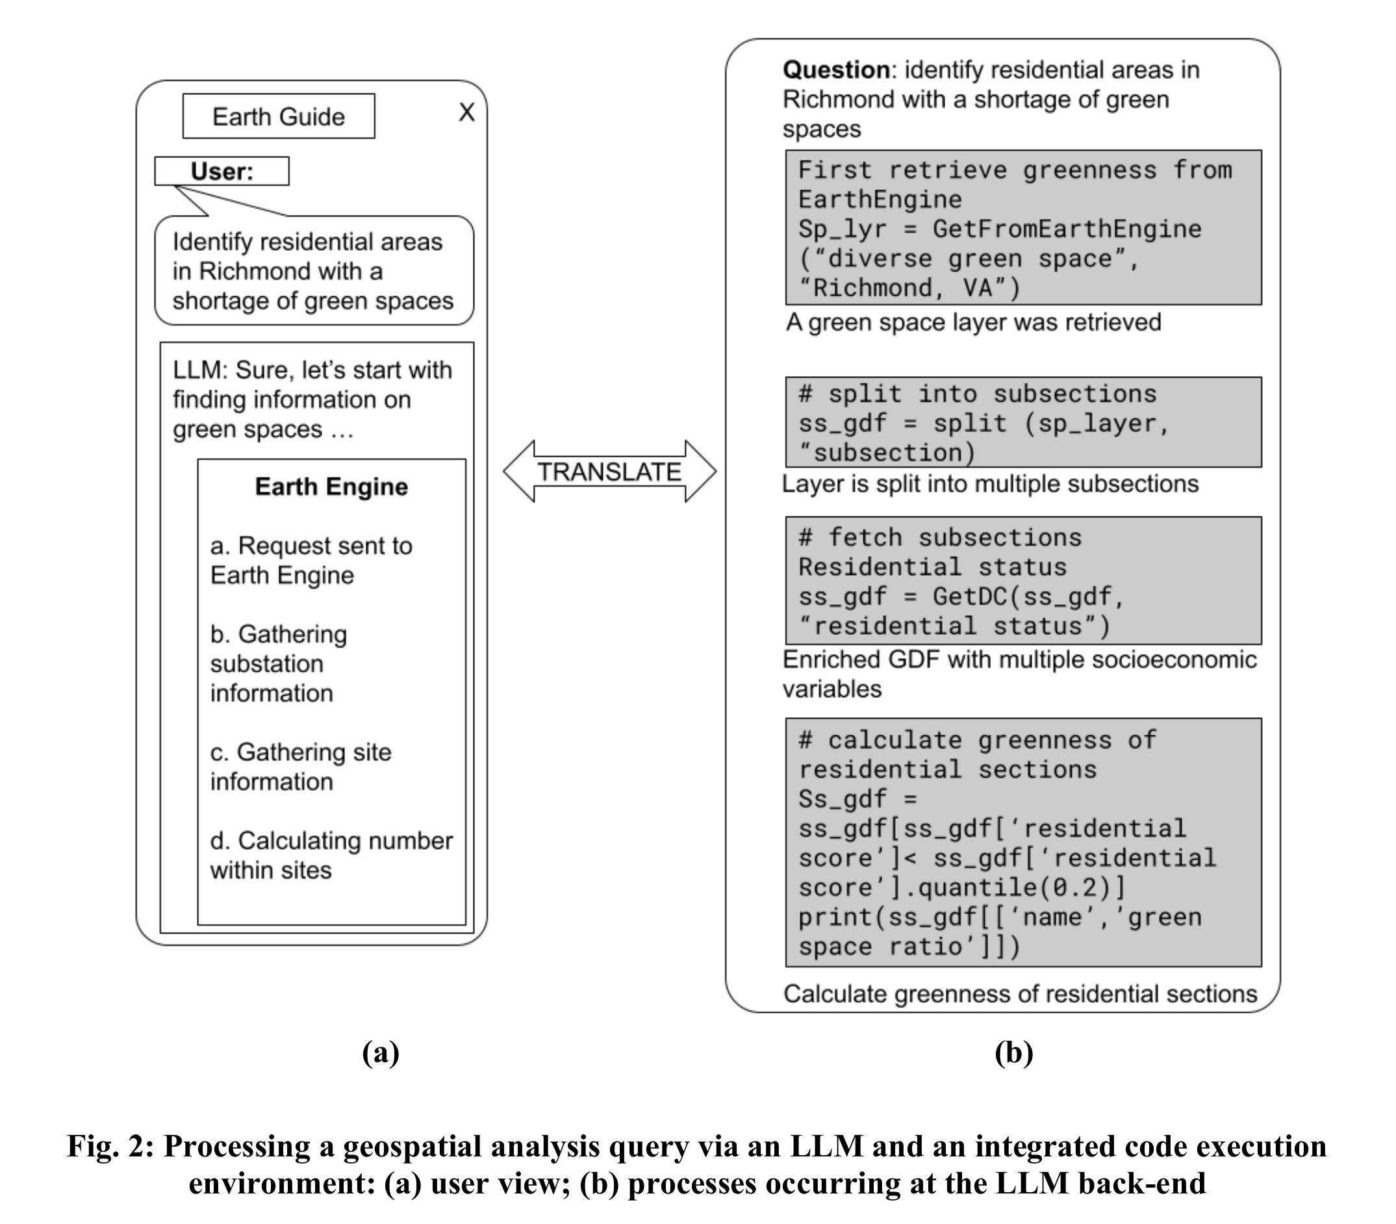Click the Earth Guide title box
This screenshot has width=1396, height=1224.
pos(278,116)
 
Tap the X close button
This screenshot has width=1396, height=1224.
pos(466,112)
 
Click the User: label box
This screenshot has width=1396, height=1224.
pos(222,171)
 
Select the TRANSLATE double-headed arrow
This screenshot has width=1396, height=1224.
pos(609,471)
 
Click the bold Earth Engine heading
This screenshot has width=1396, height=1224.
pos(331,487)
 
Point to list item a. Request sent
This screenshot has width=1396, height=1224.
pos(311,560)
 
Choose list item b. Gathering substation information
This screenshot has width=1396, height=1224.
pos(278,663)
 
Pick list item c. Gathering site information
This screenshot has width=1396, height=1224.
pos(301,767)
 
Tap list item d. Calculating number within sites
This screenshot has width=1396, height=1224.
pos(331,854)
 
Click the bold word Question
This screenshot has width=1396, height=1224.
pos(835,70)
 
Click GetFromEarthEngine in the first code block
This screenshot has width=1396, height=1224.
pos(1067,229)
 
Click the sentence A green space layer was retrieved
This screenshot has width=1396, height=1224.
pos(973,322)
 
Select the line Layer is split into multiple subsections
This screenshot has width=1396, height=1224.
pos(989,483)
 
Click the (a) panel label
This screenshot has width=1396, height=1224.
pos(381,1052)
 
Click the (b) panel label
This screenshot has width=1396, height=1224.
pos(1013,1052)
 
